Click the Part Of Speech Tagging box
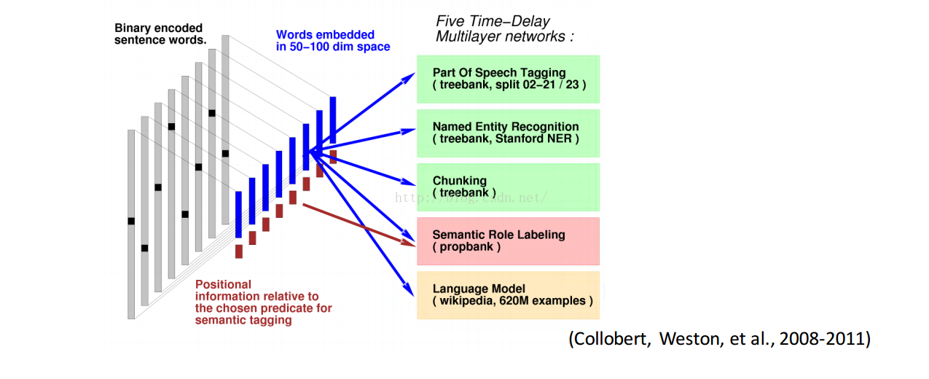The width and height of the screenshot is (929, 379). point(508,79)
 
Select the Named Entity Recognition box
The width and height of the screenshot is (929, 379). point(508,133)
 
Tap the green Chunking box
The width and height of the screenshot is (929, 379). point(508,187)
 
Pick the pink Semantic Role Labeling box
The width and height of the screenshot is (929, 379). point(508,241)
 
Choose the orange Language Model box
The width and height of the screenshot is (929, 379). point(508,294)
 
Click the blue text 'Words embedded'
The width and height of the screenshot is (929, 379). point(325,34)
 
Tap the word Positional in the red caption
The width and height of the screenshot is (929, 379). point(223,284)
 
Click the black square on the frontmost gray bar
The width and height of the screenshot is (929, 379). point(131,221)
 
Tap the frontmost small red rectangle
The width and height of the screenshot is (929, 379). point(239,251)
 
